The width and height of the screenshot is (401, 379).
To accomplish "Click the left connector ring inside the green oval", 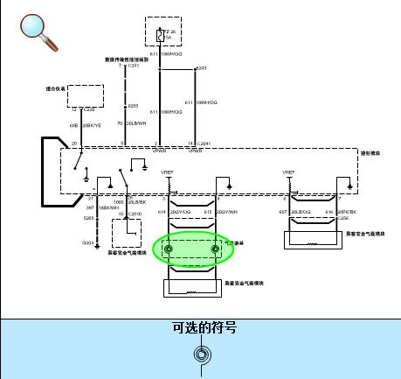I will pyautogui.click(x=169, y=249).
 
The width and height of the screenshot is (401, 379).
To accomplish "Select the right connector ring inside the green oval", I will pyautogui.click(x=215, y=249).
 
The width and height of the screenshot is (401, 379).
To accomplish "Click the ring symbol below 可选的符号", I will pyautogui.click(x=202, y=355).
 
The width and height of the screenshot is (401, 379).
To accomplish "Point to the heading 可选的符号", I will pyautogui.click(x=204, y=329).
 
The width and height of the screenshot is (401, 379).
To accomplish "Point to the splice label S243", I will pyautogui.click(x=201, y=68).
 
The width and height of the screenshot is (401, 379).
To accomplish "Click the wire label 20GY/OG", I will pyautogui.click(x=180, y=212).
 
